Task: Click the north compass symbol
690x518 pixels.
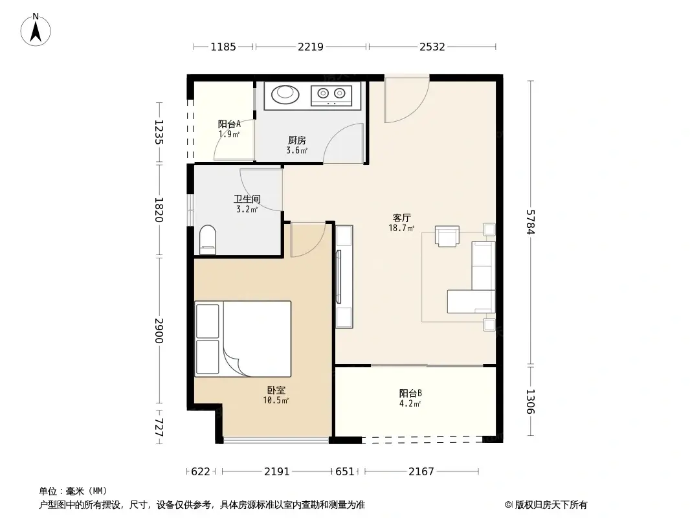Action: [37, 30]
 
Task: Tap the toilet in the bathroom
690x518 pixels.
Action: [208, 238]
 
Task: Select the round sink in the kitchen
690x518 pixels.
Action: [285, 94]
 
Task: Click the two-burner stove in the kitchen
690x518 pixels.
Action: [331, 95]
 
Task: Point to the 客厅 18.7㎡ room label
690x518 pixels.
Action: [402, 223]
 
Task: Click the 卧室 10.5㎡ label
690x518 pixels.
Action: [276, 395]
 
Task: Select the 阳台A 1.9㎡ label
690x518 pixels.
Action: [229, 129]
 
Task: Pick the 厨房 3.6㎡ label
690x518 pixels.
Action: [296, 145]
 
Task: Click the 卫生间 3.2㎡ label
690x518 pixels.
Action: [247, 204]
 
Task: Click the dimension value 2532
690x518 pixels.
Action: [432, 47]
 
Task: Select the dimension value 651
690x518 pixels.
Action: [345, 472]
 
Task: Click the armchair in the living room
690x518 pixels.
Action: [447, 236]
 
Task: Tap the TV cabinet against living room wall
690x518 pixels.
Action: [344, 275]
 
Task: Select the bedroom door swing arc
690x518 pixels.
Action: [307, 239]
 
